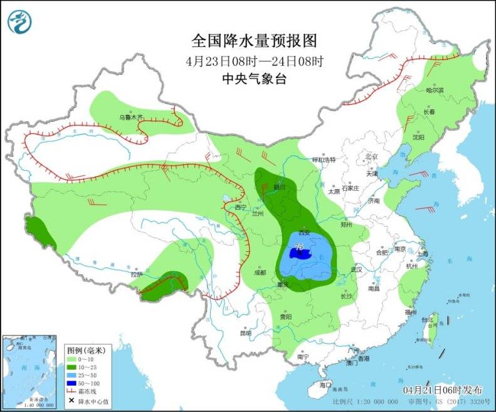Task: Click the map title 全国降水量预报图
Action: coord(254,41)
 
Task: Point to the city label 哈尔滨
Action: coord(434,90)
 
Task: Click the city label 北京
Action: coord(372,156)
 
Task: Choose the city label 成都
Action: coord(260,273)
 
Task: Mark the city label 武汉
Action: coord(357,269)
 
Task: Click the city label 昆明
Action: coord(245,333)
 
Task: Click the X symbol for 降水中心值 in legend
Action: coord(73,401)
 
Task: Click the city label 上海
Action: coord(423,254)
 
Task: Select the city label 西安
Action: coord(304,230)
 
